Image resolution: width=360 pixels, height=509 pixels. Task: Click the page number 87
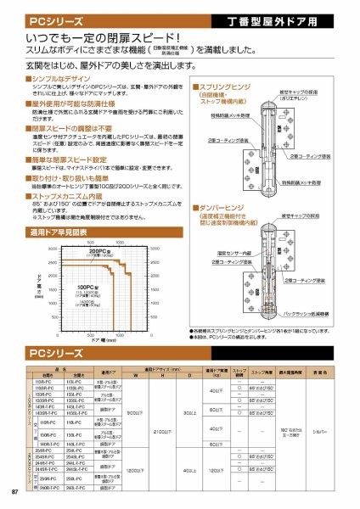click(14, 493)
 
